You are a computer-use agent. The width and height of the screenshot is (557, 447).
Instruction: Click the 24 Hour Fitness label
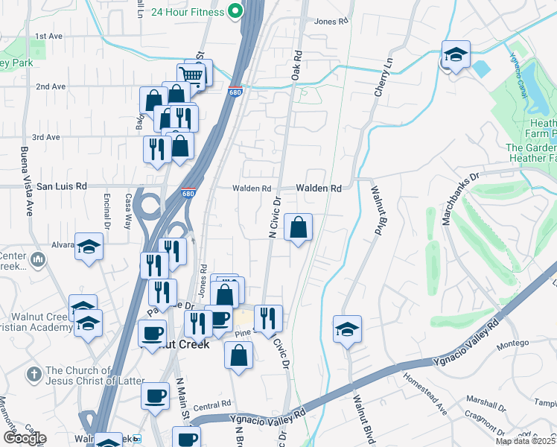tap(187, 13)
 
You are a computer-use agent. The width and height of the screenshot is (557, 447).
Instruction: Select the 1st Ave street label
tap(48, 36)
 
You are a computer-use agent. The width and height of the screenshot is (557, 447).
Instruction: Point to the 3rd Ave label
tap(46, 137)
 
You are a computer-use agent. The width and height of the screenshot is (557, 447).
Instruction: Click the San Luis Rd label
tap(62, 186)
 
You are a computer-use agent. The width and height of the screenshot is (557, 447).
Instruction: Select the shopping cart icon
tap(191, 74)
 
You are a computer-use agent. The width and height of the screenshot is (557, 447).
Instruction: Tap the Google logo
tap(25, 438)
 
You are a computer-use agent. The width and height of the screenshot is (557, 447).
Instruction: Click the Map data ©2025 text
tap(524, 441)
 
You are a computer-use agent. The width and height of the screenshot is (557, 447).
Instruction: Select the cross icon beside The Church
tap(34, 372)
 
